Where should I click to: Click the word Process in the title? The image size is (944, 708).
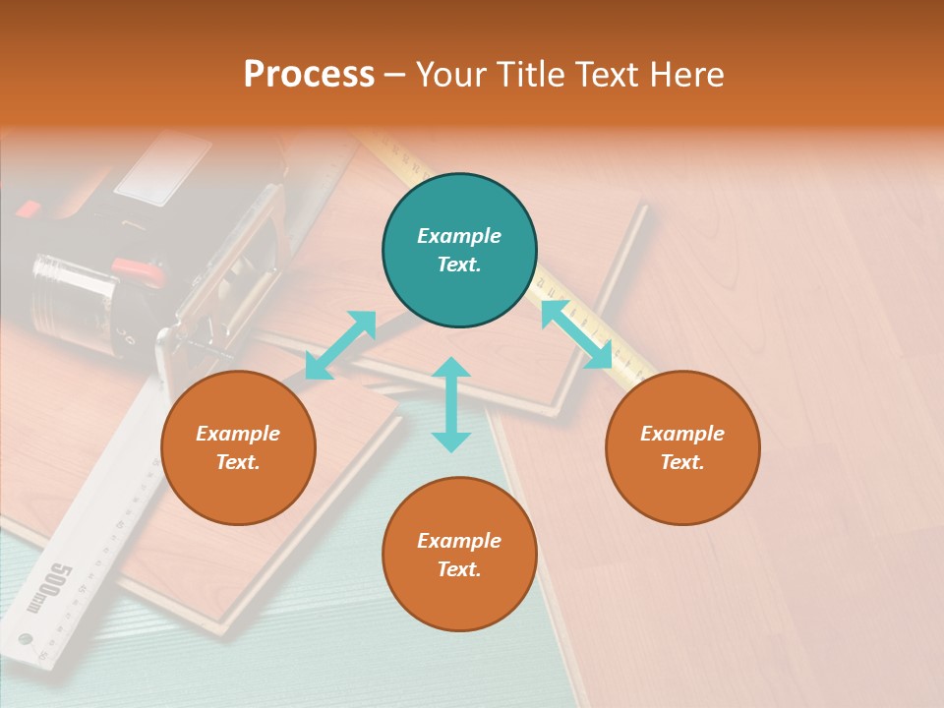(x=309, y=74)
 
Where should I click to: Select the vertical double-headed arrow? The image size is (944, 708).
(x=451, y=404)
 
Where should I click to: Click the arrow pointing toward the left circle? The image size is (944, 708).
(x=340, y=345)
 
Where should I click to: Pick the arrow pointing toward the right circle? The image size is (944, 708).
(x=576, y=334)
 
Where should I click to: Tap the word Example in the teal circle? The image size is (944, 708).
(x=459, y=236)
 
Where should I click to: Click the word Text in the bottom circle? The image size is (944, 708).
(x=459, y=569)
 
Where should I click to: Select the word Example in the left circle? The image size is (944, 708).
(x=238, y=434)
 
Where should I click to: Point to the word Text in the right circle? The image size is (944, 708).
(x=682, y=462)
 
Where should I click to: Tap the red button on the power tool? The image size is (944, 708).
(x=137, y=267)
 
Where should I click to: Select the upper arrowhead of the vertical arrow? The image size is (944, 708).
(x=451, y=368)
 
